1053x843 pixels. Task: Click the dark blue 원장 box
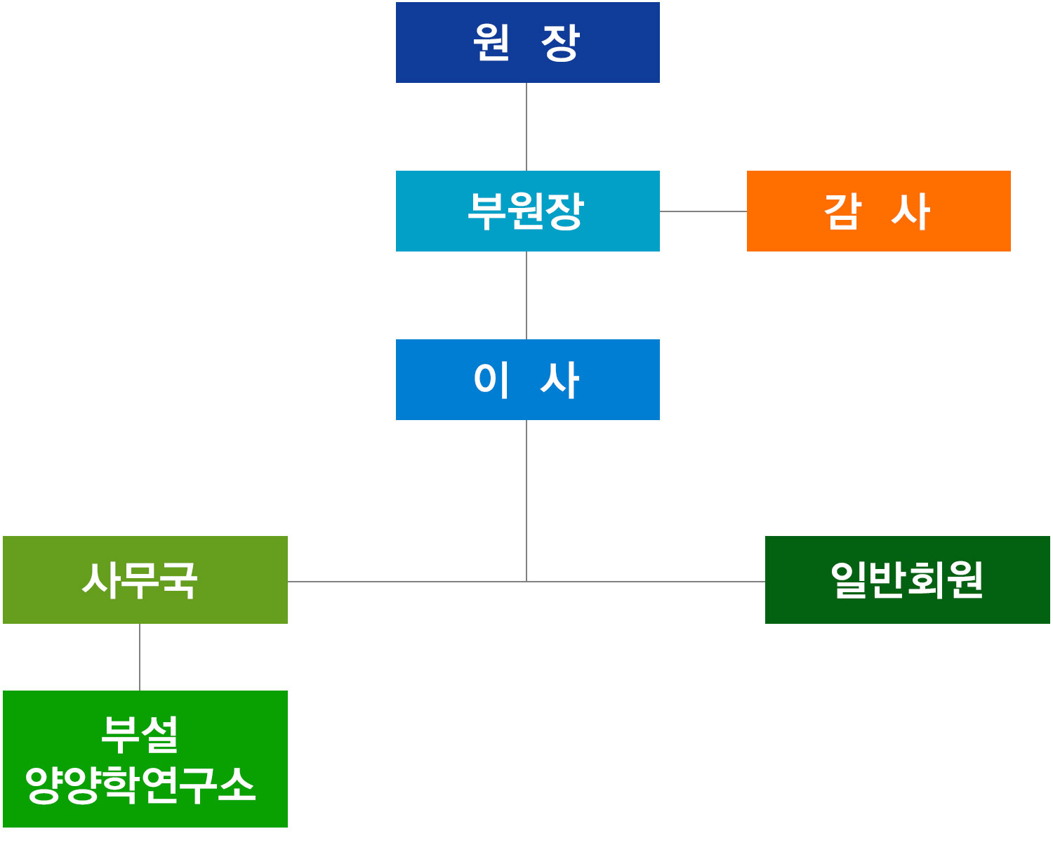(527, 42)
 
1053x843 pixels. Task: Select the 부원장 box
(527, 211)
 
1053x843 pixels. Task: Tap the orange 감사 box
(878, 211)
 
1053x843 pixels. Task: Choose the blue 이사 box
(527, 379)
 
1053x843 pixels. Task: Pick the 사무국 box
(145, 580)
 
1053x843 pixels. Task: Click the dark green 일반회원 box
(907, 580)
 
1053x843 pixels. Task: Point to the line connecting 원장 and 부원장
(526, 126)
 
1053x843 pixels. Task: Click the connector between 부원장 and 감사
(703, 211)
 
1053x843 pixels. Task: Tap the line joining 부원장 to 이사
(526, 295)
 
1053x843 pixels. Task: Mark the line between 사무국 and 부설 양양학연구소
(140, 657)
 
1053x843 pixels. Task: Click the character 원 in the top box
(491, 42)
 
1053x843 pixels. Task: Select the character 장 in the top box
(561, 43)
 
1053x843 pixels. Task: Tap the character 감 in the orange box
(842, 211)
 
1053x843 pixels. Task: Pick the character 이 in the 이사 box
(491, 379)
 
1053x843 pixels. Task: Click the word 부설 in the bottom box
(140, 734)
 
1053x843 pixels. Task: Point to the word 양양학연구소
(140, 785)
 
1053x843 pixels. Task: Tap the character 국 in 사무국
(178, 580)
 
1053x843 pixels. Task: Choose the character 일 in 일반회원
(850, 580)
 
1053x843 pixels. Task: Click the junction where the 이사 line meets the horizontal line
(526, 582)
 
